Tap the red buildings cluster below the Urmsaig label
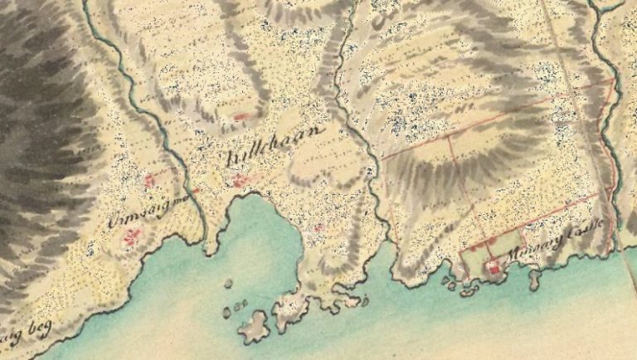click(x=131, y=239)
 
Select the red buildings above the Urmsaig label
click(x=150, y=180)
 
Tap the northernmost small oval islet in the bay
click(x=228, y=283)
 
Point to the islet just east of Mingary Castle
click(x=535, y=280)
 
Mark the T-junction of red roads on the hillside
click(x=449, y=135)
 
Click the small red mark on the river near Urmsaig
click(x=196, y=192)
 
